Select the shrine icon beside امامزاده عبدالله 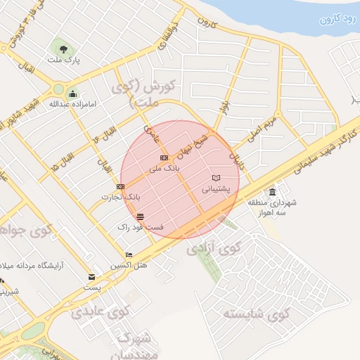point(72,94)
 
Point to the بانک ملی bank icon point(164,158)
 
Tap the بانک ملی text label point(166,169)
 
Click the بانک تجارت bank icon point(121,186)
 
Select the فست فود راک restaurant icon point(141,216)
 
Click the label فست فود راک point(141,227)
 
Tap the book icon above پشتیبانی point(216,178)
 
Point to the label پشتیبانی point(216,189)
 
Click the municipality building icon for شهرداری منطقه point(272,192)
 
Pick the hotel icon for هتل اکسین point(128,255)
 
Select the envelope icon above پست point(91,277)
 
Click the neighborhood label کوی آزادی point(214,249)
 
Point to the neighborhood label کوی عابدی point(101,311)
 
